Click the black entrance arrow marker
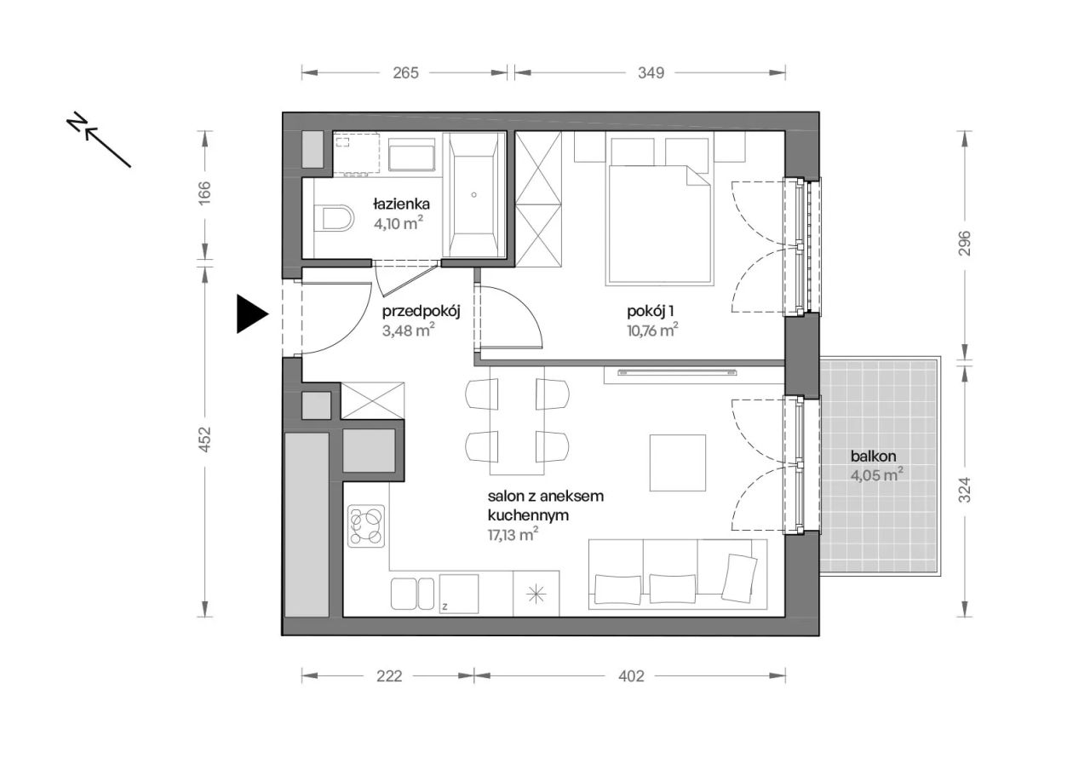coord(250,314)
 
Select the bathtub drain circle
coord(474,195)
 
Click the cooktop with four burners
coord(366,526)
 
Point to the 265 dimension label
coord(406,73)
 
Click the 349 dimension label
coord(651,73)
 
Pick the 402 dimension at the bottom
coord(631,676)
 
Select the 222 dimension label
coord(389,676)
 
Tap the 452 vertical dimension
coord(205,440)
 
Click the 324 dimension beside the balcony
coord(965,490)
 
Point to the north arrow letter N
coord(77,122)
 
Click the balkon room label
coord(874,456)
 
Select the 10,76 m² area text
coord(652,330)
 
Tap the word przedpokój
coord(422,312)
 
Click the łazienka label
coord(401,203)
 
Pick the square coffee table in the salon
coord(678,463)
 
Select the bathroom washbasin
coord(411,155)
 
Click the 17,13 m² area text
coord(513,534)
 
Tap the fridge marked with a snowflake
coord(536,595)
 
